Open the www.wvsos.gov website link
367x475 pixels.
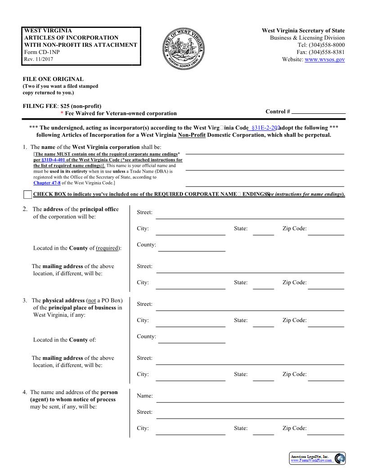coord(324,59)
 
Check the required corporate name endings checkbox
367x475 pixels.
coord(27,195)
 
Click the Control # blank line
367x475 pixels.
coord(318,112)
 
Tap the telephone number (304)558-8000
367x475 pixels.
coord(327,45)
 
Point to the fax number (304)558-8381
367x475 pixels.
coord(327,52)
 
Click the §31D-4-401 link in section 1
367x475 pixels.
coord(53,160)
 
